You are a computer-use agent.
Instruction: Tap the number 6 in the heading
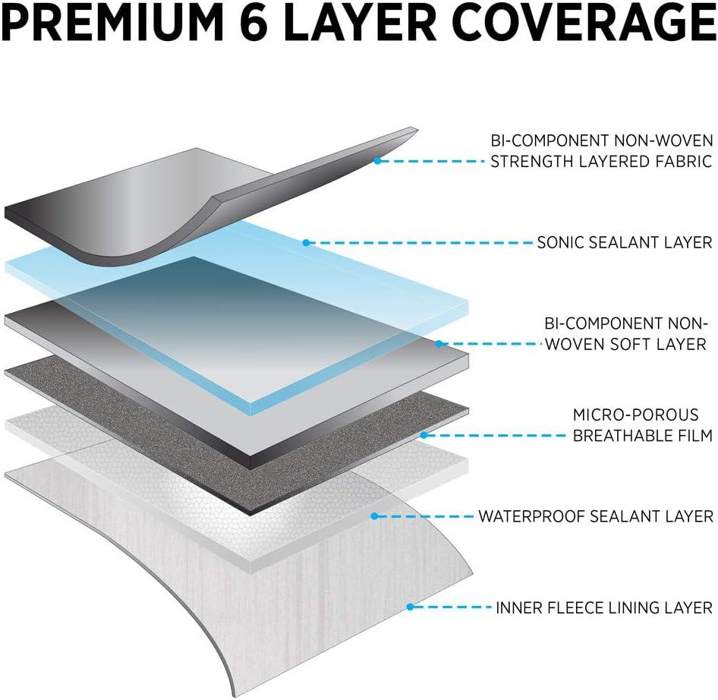pos(288,24)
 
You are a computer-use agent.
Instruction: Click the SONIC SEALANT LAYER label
pos(624,243)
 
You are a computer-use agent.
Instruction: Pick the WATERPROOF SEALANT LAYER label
pos(595,516)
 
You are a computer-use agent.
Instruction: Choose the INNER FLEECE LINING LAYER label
pos(604,607)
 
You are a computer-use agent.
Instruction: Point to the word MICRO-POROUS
pos(635,415)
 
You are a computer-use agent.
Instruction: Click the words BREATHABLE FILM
pos(642,436)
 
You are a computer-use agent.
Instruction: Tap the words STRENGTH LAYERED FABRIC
pos(601,161)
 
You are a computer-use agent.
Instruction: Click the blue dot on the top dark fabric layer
pos(377,160)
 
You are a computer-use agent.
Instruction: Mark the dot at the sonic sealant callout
pos(306,243)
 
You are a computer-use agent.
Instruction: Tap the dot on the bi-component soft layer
pos(439,344)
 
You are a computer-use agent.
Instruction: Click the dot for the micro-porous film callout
pos(424,436)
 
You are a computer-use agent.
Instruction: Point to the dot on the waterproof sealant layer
pos(373,516)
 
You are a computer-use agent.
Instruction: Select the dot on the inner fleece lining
pos(410,607)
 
